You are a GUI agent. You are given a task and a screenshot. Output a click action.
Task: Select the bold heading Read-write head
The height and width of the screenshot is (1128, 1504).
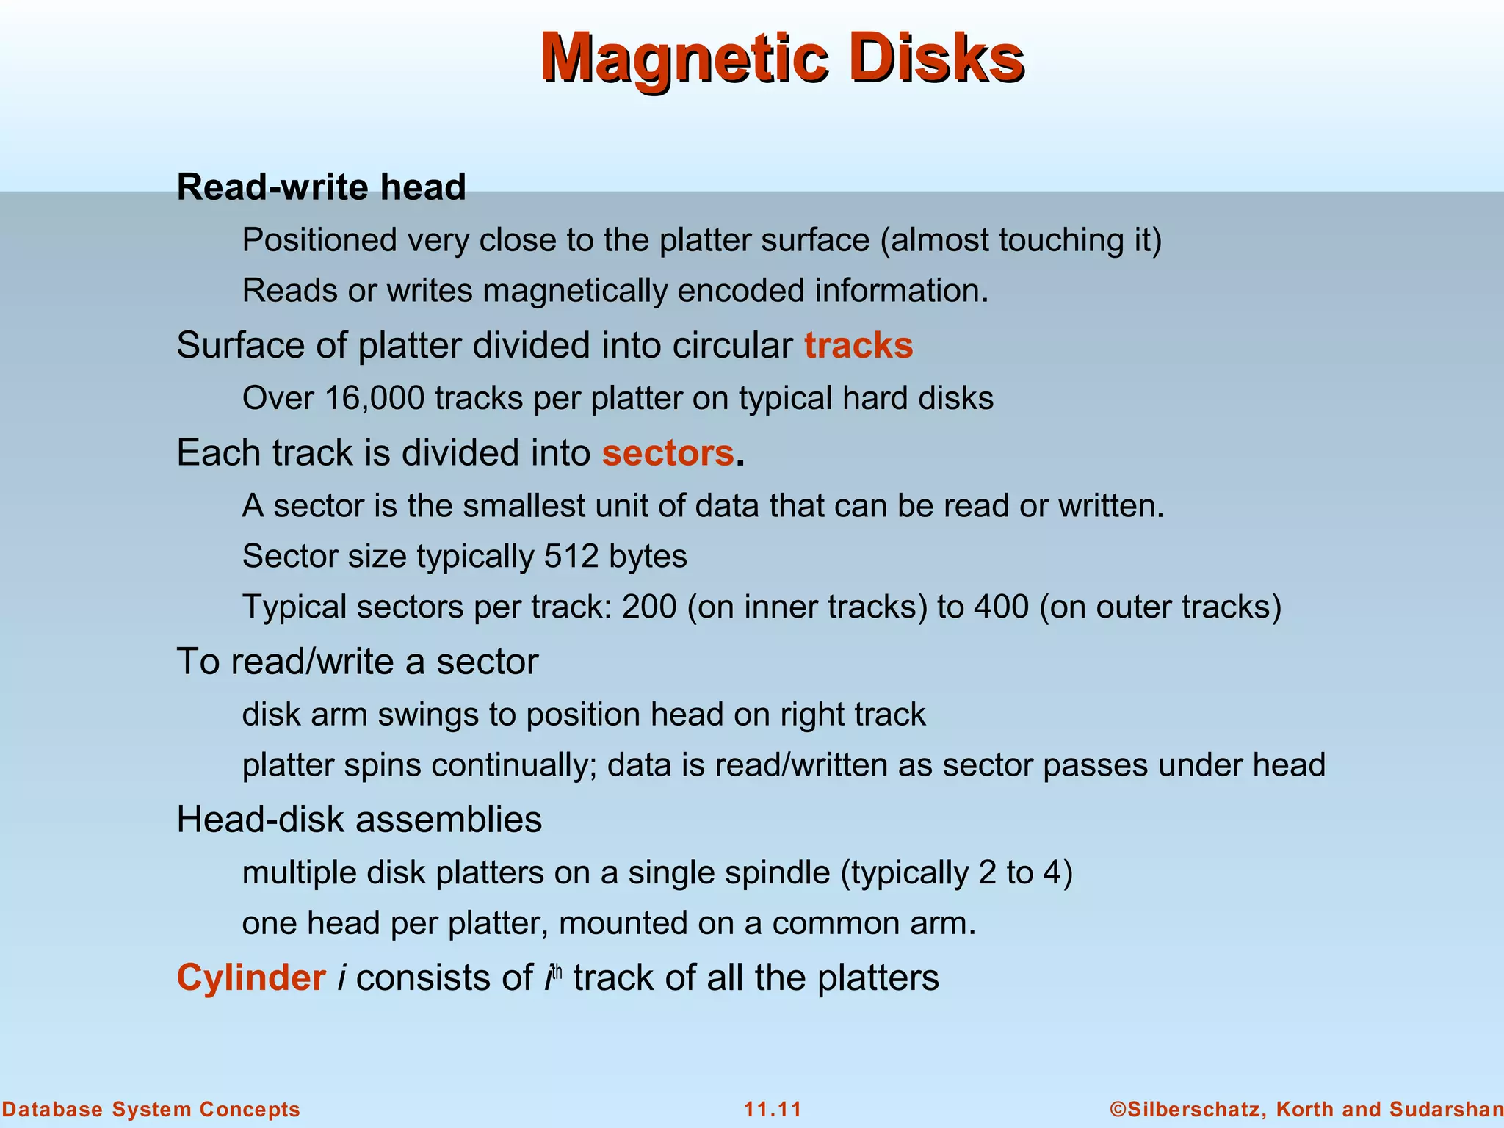tap(321, 187)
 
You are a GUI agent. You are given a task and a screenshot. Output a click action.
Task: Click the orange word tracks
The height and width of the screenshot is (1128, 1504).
tap(858, 345)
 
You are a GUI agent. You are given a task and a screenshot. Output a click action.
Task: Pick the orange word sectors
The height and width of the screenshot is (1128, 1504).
tap(668, 452)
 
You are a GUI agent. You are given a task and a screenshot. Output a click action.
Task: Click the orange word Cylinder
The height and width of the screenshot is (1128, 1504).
tap(251, 977)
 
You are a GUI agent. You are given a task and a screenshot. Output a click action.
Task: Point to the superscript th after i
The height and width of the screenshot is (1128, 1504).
tap(557, 971)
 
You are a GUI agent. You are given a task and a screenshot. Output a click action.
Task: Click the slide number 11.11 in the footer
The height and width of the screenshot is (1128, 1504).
tap(773, 1109)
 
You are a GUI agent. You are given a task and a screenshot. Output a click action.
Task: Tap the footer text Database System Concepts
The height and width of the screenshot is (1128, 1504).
tap(151, 1109)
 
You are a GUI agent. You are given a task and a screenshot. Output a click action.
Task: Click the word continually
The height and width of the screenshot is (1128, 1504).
tap(513, 765)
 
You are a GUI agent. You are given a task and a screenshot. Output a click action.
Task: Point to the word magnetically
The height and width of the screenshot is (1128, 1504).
tap(575, 291)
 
